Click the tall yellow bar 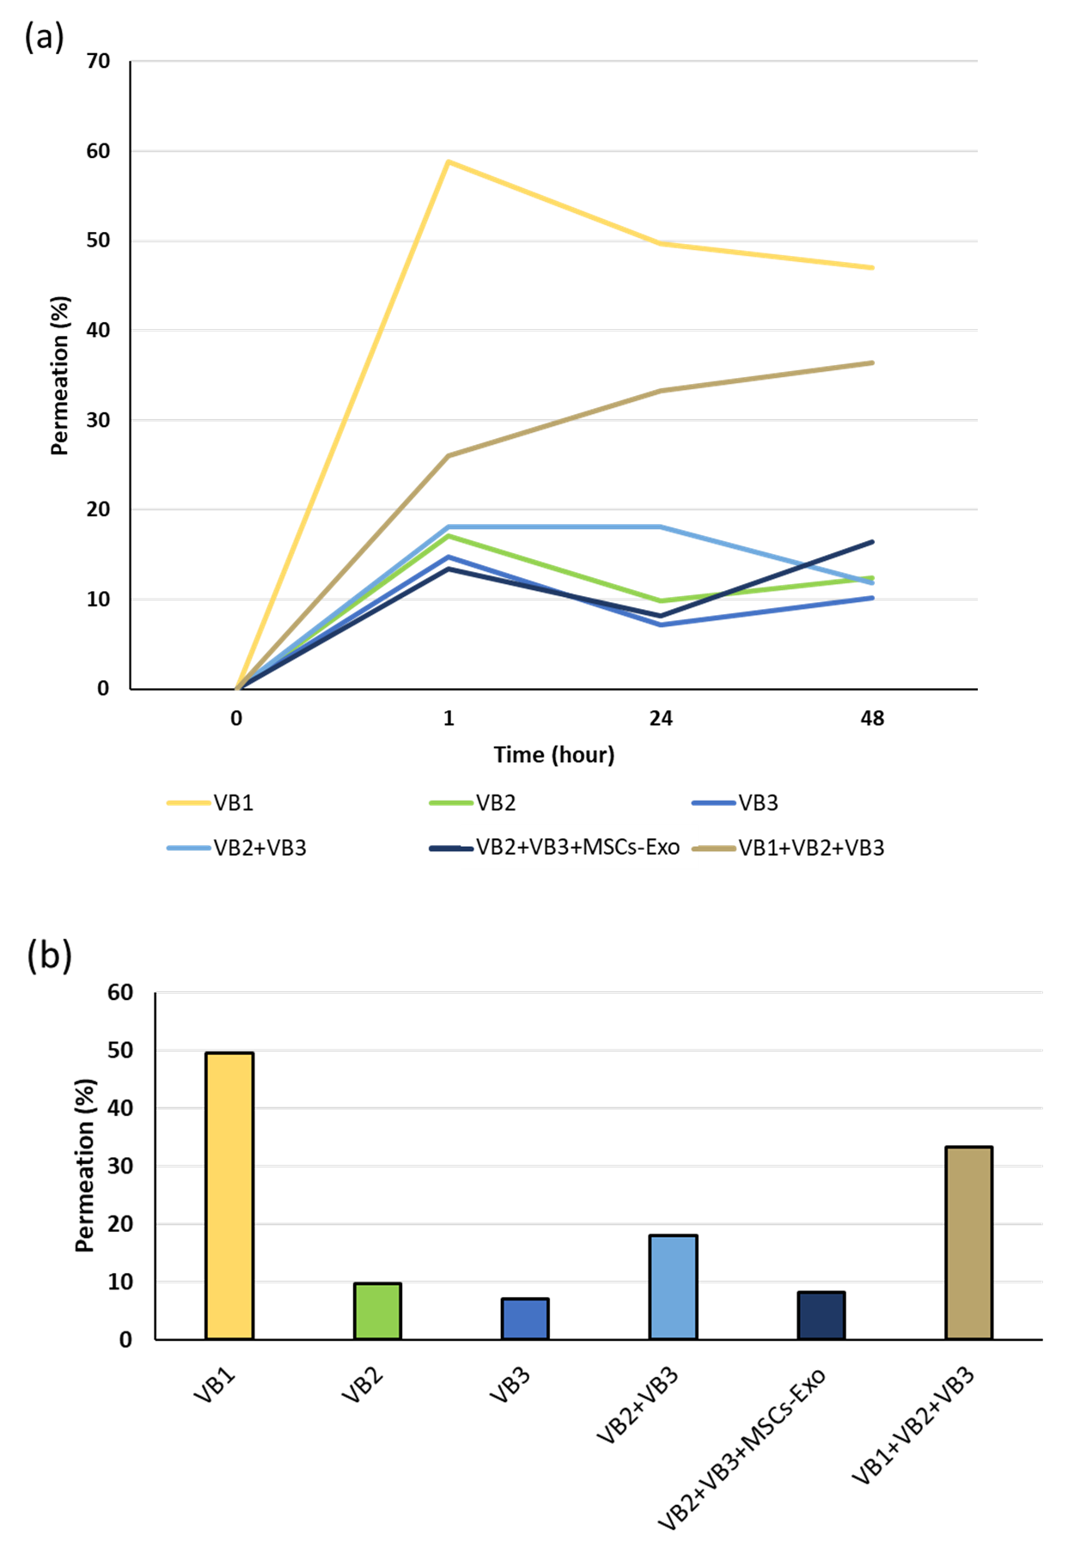pyautogui.click(x=229, y=1195)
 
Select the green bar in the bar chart pyautogui.click(x=378, y=1310)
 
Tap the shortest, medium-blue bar pyautogui.click(x=525, y=1319)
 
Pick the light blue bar pyautogui.click(x=673, y=1287)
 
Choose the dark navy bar pyautogui.click(x=821, y=1315)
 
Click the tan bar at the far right pyautogui.click(x=968, y=1242)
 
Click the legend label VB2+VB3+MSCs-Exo pyautogui.click(x=578, y=847)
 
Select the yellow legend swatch pyautogui.click(x=189, y=803)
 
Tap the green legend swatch pyautogui.click(x=451, y=803)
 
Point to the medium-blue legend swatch pyautogui.click(x=714, y=803)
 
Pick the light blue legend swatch pyautogui.click(x=189, y=848)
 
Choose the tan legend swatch pyautogui.click(x=714, y=849)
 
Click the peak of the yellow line pyautogui.click(x=449, y=161)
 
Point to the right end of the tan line pyautogui.click(x=873, y=363)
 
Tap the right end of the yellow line pyautogui.click(x=873, y=268)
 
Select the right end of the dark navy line pyautogui.click(x=873, y=542)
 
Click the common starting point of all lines pyautogui.click(x=237, y=688)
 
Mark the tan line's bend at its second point pyautogui.click(x=449, y=455)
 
